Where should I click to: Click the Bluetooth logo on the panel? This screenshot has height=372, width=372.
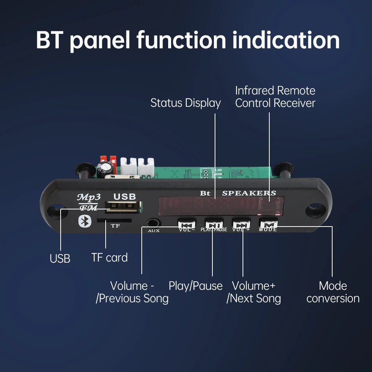click(84, 221)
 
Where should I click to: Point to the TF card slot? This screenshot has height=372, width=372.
click(114, 220)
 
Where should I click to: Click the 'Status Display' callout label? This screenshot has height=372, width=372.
click(185, 103)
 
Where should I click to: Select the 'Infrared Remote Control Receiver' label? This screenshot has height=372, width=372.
click(275, 97)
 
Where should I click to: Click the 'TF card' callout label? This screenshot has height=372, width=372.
click(109, 257)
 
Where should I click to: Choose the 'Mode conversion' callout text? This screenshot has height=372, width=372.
click(333, 292)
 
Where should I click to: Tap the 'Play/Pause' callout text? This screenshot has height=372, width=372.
click(196, 286)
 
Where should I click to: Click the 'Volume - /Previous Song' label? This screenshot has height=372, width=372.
click(132, 292)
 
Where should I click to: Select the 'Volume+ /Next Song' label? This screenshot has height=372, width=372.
click(254, 292)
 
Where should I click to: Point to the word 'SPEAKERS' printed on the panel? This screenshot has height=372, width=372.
click(249, 193)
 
